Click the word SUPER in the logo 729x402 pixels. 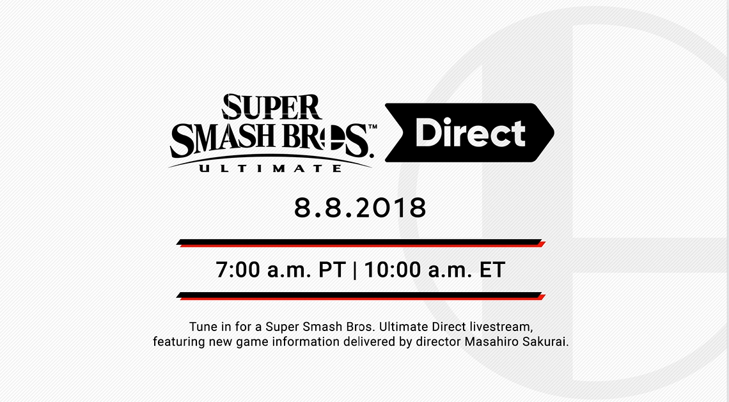click(271, 107)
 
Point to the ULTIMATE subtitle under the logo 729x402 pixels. click(269, 168)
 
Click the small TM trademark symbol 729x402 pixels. click(372, 128)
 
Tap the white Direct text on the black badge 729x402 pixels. click(470, 134)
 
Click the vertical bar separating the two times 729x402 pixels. click(356, 270)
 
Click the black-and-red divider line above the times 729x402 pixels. click(360, 243)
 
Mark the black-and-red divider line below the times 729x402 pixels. click(360, 296)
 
